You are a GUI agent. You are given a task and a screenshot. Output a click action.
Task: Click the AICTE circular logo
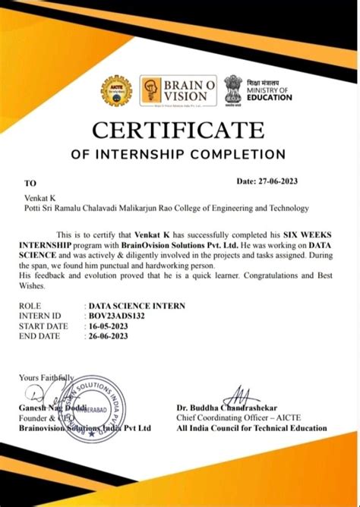(x=116, y=92)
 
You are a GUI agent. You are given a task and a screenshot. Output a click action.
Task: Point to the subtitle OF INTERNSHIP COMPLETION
(x=178, y=155)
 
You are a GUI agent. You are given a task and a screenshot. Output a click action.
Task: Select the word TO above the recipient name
(x=30, y=184)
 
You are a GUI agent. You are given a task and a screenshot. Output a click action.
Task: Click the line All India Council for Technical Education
(x=251, y=428)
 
